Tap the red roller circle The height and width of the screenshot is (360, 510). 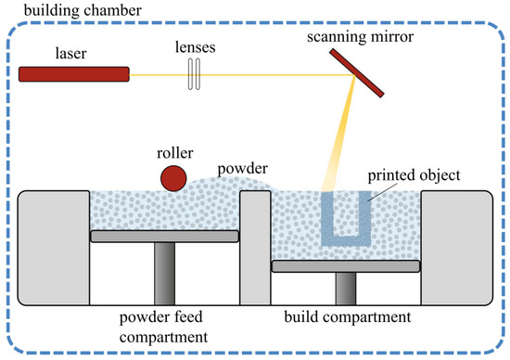point(171,177)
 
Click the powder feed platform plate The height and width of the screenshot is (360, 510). point(165,237)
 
